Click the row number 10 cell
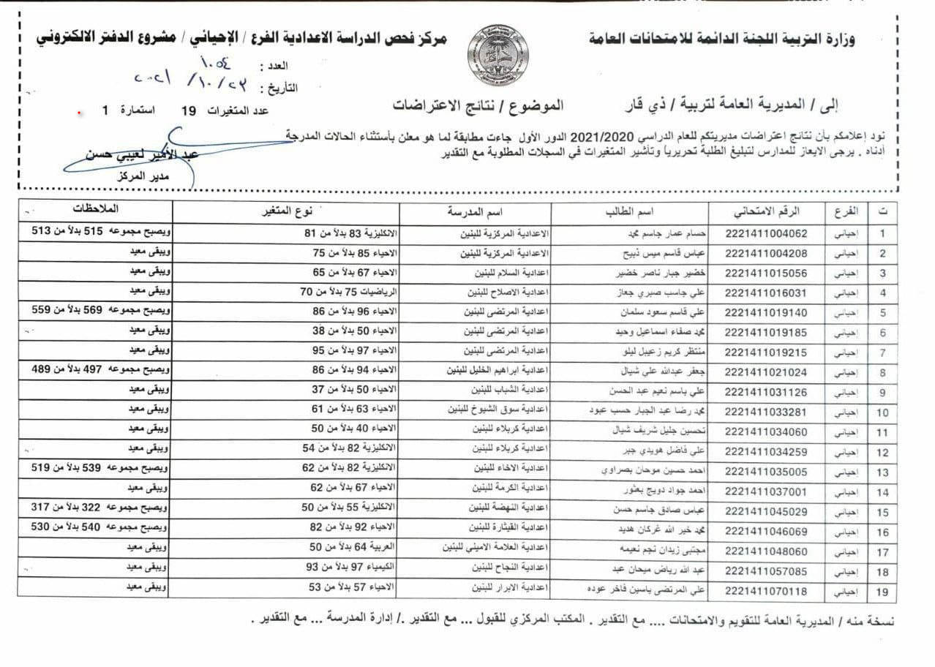pos(882,412)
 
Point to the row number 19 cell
pos(882,589)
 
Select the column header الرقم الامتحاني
pos(767,211)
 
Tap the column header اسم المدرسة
pos(469,211)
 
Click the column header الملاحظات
pos(97,210)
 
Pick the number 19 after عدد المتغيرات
pos(189,111)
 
